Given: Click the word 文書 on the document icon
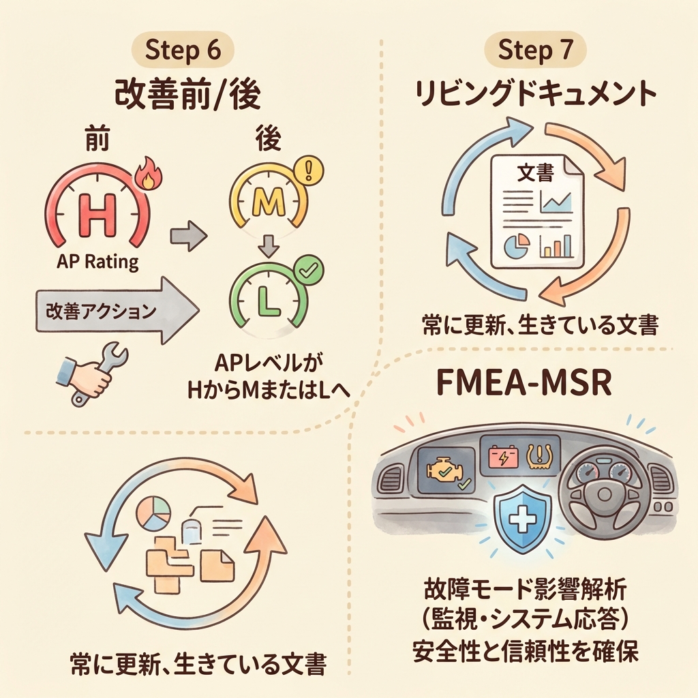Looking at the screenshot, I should click(536, 174).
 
